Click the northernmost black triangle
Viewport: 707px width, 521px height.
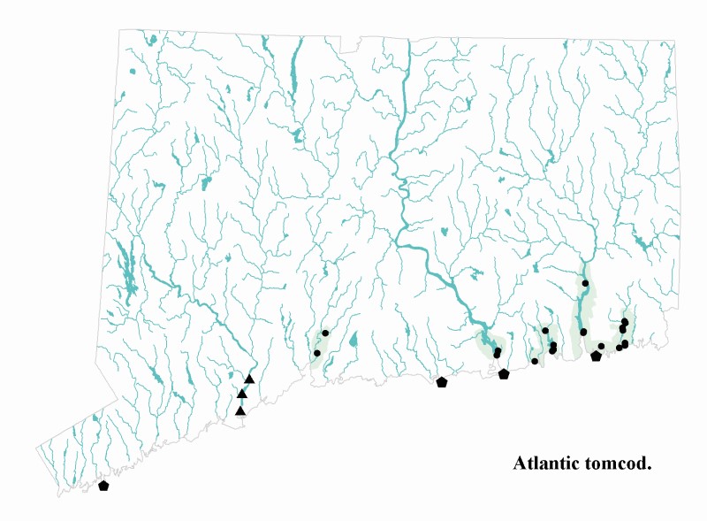coord(249,379)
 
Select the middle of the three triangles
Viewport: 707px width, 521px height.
coord(242,394)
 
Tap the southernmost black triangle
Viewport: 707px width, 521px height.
coord(240,410)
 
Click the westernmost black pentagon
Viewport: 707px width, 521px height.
coord(103,486)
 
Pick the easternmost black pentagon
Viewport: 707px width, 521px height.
coord(596,356)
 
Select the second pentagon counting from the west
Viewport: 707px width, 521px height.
coord(442,382)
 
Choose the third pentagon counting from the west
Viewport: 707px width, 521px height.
coord(504,374)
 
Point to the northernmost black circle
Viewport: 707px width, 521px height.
coord(585,283)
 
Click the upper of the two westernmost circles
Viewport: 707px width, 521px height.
coord(325,333)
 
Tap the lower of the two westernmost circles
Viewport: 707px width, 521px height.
coord(317,353)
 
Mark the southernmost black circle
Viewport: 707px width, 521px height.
coord(535,361)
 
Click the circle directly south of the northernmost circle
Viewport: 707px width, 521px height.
coord(583,332)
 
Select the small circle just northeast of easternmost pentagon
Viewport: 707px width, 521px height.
coord(601,346)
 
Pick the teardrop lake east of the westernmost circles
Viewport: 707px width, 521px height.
coord(353,340)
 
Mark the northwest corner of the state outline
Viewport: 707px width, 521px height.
coord(121,30)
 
